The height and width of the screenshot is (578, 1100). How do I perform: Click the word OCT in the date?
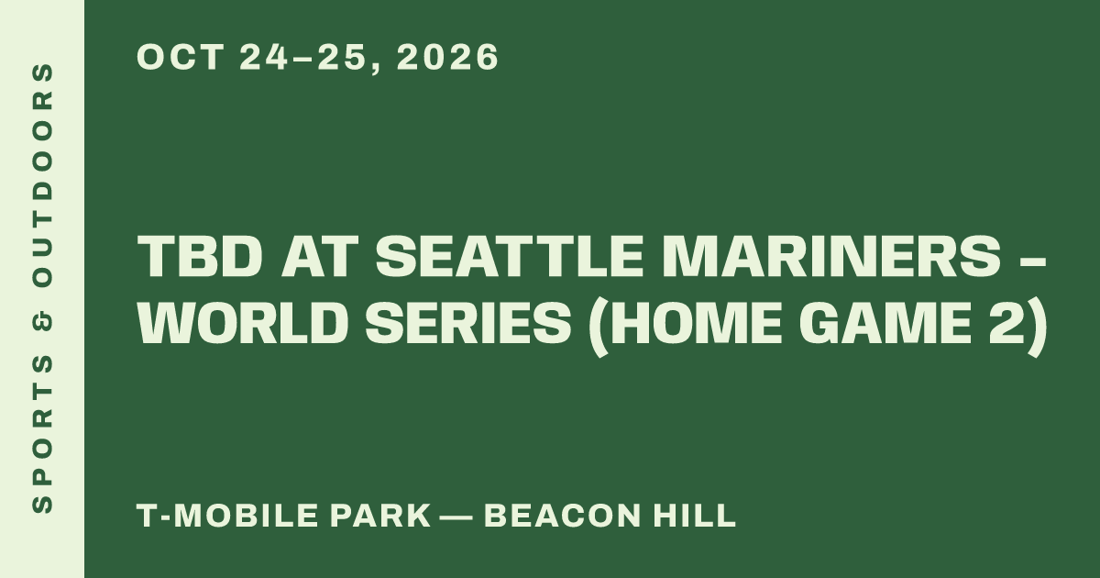[x=181, y=57]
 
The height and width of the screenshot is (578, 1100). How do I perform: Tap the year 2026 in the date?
[x=448, y=57]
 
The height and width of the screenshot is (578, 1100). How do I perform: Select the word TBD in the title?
[x=200, y=256]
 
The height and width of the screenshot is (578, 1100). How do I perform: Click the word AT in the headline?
[x=319, y=256]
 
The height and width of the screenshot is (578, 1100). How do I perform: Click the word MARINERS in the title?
[x=832, y=256]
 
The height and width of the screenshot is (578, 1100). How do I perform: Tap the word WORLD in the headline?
[x=240, y=323]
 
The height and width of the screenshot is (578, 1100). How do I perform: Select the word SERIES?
[x=468, y=323]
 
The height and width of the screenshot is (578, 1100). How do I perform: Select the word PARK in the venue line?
[x=380, y=515]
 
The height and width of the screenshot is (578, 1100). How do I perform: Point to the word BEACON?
[x=563, y=515]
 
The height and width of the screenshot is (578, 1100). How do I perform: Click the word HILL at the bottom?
[x=695, y=515]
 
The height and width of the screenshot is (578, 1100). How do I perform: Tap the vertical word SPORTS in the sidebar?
[x=42, y=433]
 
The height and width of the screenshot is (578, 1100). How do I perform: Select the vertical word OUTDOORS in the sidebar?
[x=42, y=175]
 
